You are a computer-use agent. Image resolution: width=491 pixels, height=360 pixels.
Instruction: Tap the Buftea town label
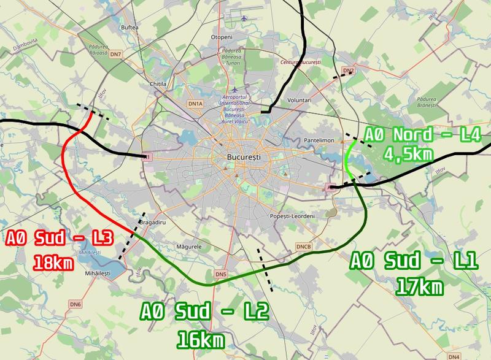[130, 28]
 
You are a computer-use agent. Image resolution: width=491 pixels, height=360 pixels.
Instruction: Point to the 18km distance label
[53, 264]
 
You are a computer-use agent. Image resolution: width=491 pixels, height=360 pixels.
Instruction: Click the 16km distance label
[199, 338]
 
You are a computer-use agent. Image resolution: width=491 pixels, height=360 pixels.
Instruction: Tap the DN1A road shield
[195, 104]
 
